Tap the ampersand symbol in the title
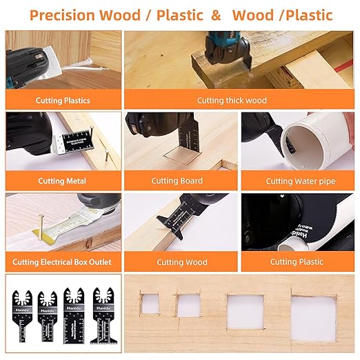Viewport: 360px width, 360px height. (216, 14)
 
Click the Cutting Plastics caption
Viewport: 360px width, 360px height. (63, 101)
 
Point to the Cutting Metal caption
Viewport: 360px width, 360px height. (62, 181)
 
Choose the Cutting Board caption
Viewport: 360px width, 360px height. (177, 181)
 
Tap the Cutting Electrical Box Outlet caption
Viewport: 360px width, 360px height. (62, 262)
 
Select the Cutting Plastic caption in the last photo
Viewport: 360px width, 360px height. (297, 262)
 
